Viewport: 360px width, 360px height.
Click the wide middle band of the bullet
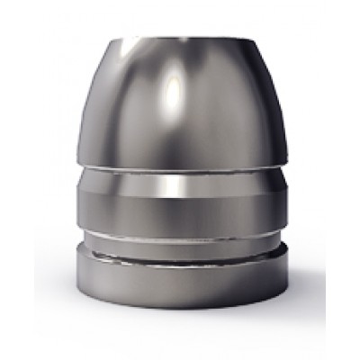pos(180,193)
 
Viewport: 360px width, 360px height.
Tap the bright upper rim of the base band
pos(180,258)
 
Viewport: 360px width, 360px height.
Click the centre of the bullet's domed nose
pos(180,103)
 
